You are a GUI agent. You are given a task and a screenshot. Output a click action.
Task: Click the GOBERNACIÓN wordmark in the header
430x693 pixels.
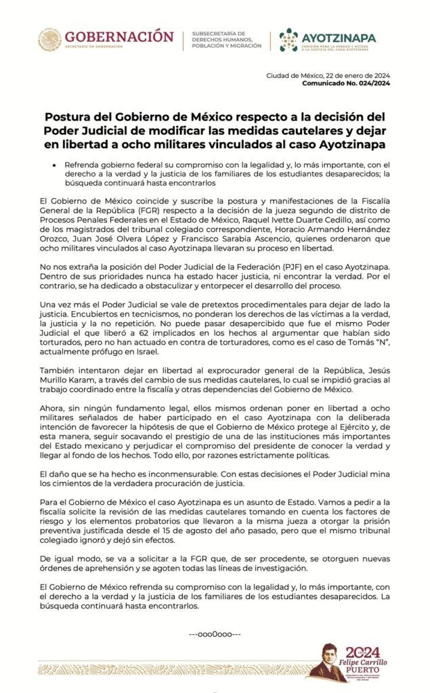pyautogui.click(x=119, y=36)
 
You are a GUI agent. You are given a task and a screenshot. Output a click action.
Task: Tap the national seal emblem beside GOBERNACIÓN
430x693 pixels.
pyautogui.click(x=49, y=40)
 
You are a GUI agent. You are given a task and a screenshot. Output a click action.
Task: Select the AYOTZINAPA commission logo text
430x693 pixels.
pyautogui.click(x=338, y=37)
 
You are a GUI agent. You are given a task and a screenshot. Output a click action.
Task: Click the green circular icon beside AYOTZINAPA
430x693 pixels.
pyautogui.click(x=288, y=40)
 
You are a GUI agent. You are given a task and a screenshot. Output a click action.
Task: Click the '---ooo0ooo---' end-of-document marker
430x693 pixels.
pyautogui.click(x=215, y=634)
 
